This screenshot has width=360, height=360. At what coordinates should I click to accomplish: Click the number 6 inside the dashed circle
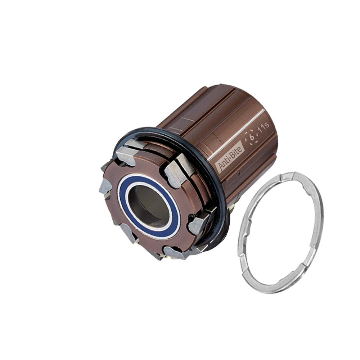click(252, 137)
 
